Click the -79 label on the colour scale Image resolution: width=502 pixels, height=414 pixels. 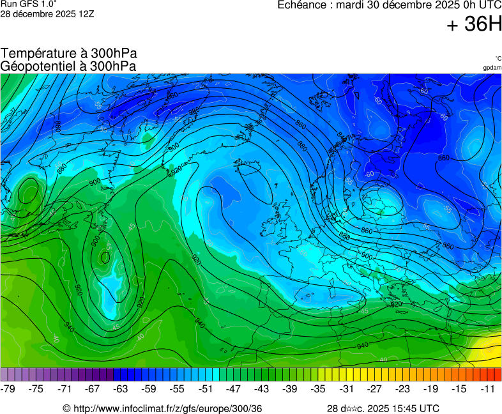[8, 388]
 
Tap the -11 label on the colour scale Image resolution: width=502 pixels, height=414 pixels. [489, 388]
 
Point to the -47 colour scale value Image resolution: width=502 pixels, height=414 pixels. [233, 388]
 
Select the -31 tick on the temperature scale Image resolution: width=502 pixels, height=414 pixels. [346, 388]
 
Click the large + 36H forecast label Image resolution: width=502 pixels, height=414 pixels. [474, 24]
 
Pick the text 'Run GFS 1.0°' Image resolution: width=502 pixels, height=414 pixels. [24, 4]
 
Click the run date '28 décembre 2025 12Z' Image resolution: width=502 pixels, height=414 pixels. [47, 13]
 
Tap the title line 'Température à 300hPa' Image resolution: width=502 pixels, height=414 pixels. [69, 54]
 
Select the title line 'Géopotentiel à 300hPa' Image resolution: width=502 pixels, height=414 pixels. [68, 66]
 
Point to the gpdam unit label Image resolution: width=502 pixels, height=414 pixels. [492, 68]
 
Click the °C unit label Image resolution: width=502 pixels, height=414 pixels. [498, 58]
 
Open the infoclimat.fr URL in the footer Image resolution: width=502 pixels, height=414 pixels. [167, 408]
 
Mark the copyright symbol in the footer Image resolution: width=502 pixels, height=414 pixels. [66, 408]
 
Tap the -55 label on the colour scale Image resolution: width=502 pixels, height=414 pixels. [177, 388]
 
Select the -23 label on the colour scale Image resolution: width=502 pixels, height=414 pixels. [403, 388]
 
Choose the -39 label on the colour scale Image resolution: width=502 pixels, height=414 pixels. [290, 388]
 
